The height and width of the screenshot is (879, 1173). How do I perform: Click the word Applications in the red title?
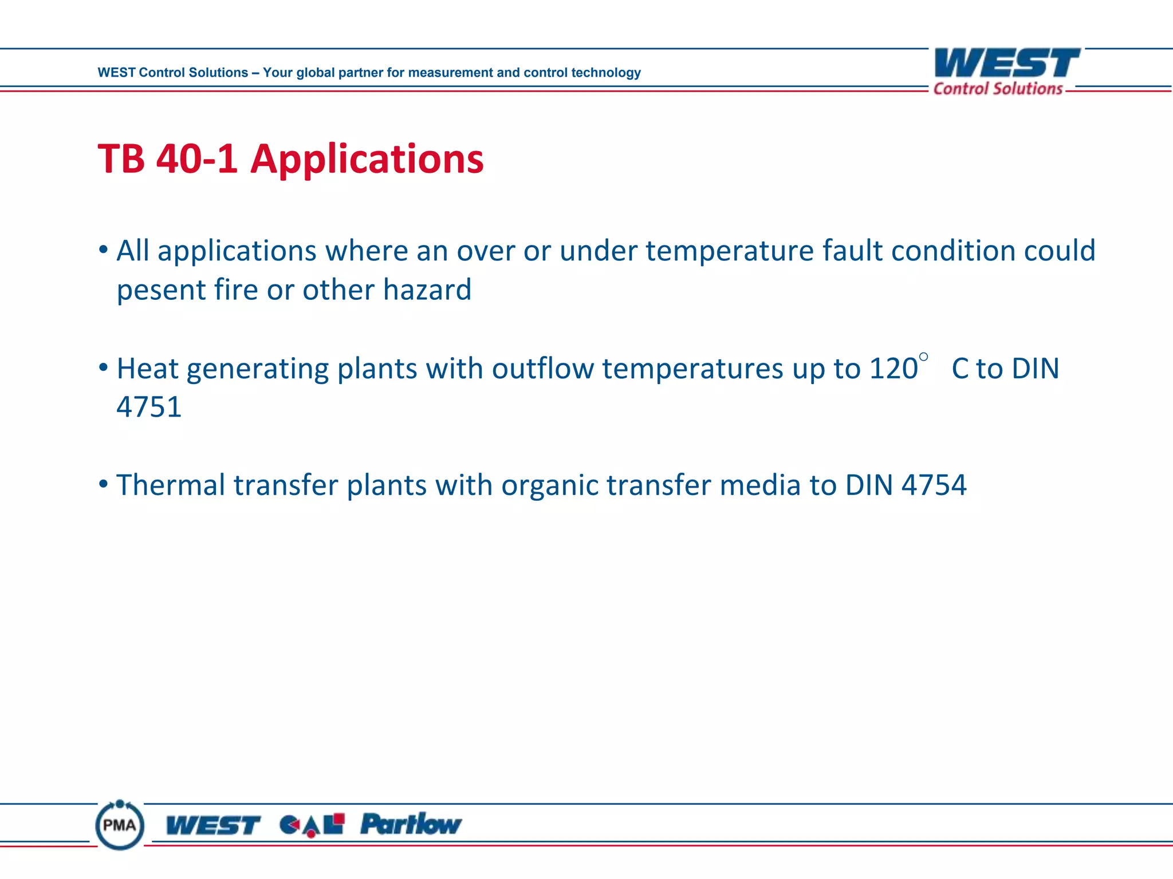pos(367,160)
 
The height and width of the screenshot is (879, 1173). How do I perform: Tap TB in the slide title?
pos(121,159)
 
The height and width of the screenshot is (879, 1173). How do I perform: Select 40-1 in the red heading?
pos(196,159)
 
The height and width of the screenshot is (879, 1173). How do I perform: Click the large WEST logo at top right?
pos(1006,63)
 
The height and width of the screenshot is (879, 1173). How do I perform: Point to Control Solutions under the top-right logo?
pos(998,89)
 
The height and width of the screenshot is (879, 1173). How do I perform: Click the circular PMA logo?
pos(120,825)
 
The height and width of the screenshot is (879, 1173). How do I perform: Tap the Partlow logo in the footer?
pos(411,824)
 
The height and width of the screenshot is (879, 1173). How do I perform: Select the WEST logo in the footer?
pos(213,825)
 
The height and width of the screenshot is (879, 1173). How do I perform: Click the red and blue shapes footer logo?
pos(312,825)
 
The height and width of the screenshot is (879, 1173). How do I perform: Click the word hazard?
pos(427,289)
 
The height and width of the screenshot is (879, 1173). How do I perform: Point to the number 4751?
pos(149,407)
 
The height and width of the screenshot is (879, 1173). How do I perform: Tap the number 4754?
pos(934,485)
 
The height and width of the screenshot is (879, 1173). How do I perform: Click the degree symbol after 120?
pos(923,357)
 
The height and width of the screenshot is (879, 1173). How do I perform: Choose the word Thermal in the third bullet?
pos(171,485)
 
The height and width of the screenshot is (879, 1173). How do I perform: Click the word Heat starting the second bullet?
pos(147,369)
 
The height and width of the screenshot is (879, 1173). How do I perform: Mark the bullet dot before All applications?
pos(103,250)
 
